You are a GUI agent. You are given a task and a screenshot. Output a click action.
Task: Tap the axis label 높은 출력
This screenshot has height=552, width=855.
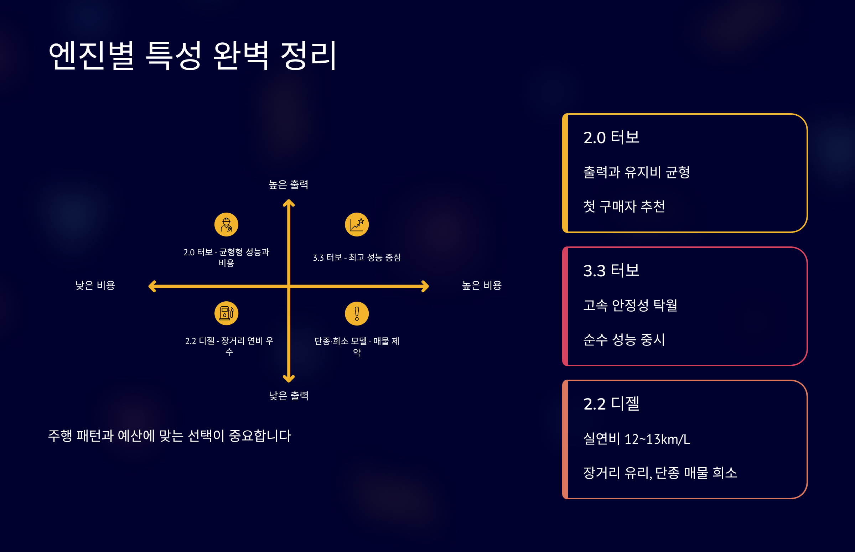coord(289,184)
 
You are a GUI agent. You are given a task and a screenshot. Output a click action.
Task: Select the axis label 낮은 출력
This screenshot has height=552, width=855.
coord(289,396)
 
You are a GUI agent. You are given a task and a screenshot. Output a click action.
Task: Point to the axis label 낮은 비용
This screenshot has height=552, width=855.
coord(95,285)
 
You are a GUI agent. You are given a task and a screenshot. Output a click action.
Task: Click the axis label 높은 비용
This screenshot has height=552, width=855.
coord(481,285)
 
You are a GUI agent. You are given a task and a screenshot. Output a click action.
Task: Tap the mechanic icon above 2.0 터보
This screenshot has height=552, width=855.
coord(226,225)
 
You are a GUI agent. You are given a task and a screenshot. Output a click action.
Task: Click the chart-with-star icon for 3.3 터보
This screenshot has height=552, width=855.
coord(357,225)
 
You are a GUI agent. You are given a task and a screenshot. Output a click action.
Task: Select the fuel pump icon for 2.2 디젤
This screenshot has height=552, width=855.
coord(226,313)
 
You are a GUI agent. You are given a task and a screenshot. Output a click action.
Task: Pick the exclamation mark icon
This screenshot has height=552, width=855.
coord(357,314)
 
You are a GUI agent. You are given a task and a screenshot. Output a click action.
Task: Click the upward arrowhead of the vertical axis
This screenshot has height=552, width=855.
coord(289,203)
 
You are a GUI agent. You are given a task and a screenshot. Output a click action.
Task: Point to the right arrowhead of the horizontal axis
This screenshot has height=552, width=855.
coord(425,286)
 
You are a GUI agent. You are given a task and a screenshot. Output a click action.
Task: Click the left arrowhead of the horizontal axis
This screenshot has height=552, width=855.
coord(152,286)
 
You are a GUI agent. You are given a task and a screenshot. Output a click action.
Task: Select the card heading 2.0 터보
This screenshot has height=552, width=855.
coord(611,137)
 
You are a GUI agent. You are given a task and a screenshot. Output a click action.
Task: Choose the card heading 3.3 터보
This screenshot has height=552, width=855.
coord(611,271)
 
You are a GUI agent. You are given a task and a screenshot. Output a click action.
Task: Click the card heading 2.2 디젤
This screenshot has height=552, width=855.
coord(611,404)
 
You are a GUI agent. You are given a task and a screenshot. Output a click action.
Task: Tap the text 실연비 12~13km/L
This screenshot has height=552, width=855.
coord(637,439)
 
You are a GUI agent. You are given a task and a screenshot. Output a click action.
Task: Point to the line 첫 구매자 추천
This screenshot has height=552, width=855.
coord(624,206)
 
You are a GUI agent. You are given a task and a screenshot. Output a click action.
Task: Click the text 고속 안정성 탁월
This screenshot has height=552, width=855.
coord(630,305)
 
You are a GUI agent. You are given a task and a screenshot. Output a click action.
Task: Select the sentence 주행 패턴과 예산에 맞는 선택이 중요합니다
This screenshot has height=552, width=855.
coord(170,436)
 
